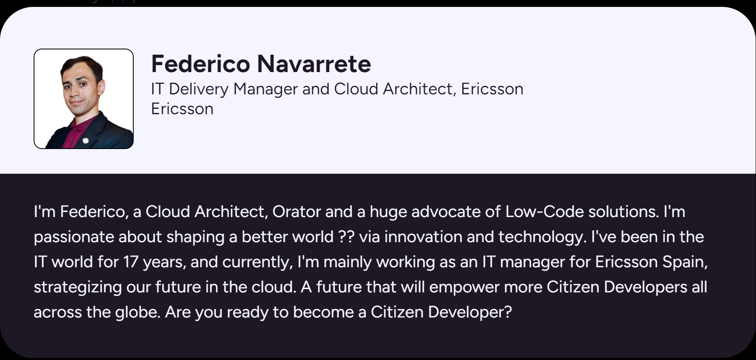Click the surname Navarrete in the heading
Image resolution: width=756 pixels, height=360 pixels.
click(x=314, y=64)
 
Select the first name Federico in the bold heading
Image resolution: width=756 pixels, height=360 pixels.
click(x=201, y=64)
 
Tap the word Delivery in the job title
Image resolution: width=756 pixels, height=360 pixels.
click(x=199, y=89)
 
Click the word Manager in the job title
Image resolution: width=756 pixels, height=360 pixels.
click(x=265, y=89)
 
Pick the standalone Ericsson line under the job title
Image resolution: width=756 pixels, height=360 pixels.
click(x=182, y=109)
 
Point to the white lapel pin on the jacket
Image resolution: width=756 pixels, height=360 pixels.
click(x=85, y=141)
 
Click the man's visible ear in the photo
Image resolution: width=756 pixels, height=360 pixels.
click(x=101, y=86)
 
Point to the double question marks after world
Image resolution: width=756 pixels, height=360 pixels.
click(x=346, y=237)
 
